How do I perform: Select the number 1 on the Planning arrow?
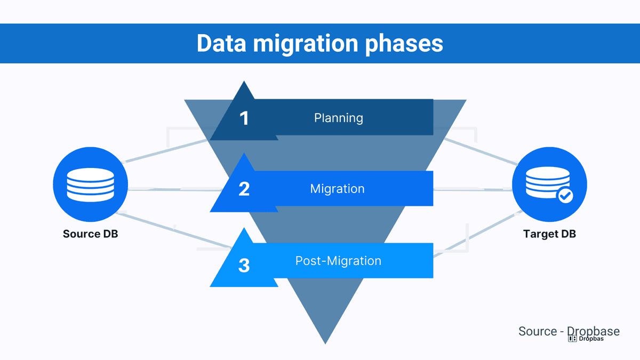pyautogui.click(x=244, y=118)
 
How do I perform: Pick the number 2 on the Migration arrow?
pyautogui.click(x=244, y=189)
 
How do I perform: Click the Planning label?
pyautogui.click(x=338, y=118)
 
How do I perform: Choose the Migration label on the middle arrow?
pyautogui.click(x=337, y=189)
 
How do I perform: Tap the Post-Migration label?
pyautogui.click(x=338, y=261)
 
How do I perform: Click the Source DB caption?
pyautogui.click(x=90, y=234)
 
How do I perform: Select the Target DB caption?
pyautogui.click(x=549, y=234)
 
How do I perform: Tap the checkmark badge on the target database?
pyautogui.click(x=565, y=196)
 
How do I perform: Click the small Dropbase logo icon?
pyautogui.click(x=572, y=339)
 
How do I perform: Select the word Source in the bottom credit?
pyautogui.click(x=538, y=331)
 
